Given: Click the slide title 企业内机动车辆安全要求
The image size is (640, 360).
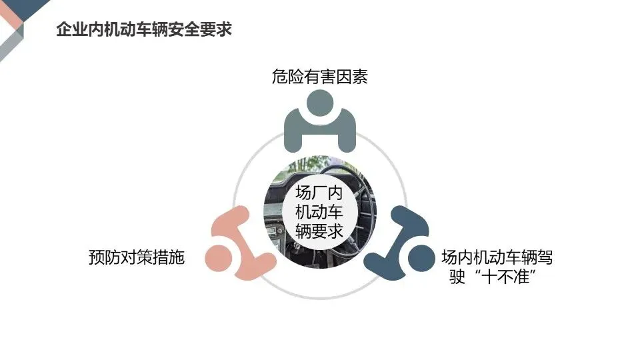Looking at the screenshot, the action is pos(144,30).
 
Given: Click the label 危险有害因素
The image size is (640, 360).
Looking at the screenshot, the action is pos(319,77).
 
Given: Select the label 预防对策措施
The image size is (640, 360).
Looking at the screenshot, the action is pos(136,257).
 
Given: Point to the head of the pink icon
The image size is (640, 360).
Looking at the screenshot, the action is pos(218,257).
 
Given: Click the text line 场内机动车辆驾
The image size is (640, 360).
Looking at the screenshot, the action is pos(497,257).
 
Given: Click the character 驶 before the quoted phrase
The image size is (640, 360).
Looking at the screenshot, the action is pos(458,277).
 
